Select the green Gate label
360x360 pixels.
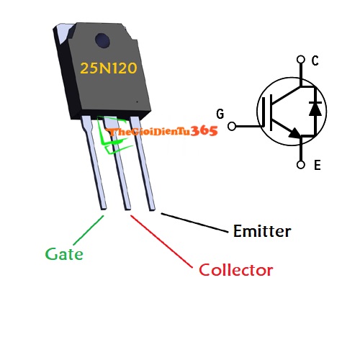[64, 254]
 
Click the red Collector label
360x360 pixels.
[236, 271]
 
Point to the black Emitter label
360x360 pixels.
[262, 231]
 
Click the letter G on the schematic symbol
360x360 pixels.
[220, 113]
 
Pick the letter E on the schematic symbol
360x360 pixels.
[317, 166]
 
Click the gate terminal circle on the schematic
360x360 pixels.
[232, 127]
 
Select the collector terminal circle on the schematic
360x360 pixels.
[301, 60]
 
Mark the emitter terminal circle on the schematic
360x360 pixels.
[301, 165]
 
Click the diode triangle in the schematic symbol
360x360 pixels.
[314, 109]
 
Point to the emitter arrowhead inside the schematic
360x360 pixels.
[294, 132]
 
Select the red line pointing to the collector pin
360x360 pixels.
[162, 241]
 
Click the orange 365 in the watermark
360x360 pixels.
[204, 130]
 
